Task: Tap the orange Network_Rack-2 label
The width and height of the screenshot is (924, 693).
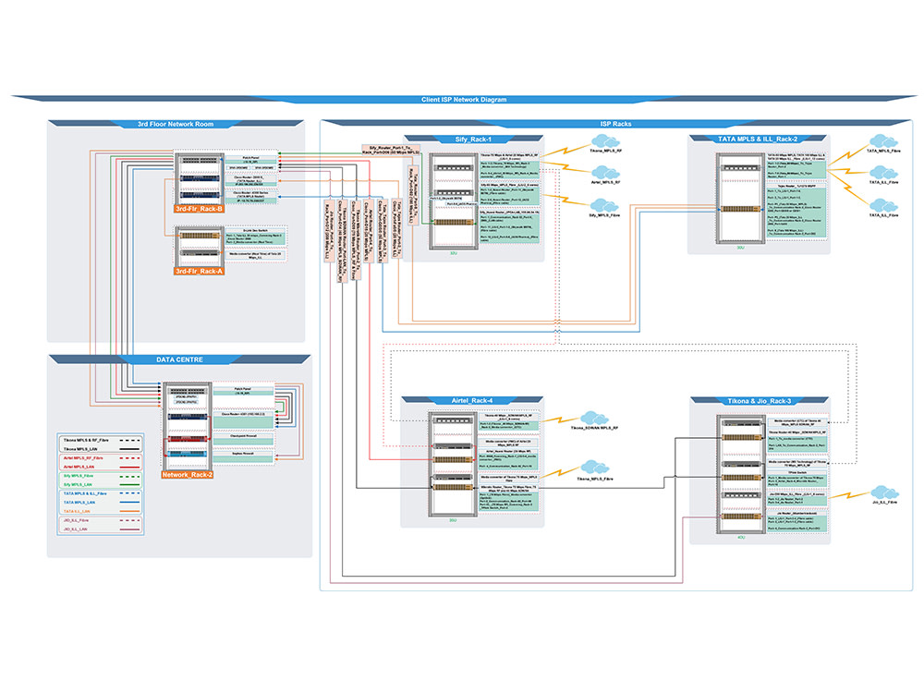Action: point(188,474)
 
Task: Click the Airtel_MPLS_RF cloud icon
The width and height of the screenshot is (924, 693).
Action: point(605,175)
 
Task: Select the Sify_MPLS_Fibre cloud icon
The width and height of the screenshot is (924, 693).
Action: point(605,207)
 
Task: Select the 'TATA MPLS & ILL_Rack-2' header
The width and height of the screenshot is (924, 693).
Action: point(757,138)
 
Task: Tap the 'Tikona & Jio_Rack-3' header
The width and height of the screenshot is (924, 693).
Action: point(757,400)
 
